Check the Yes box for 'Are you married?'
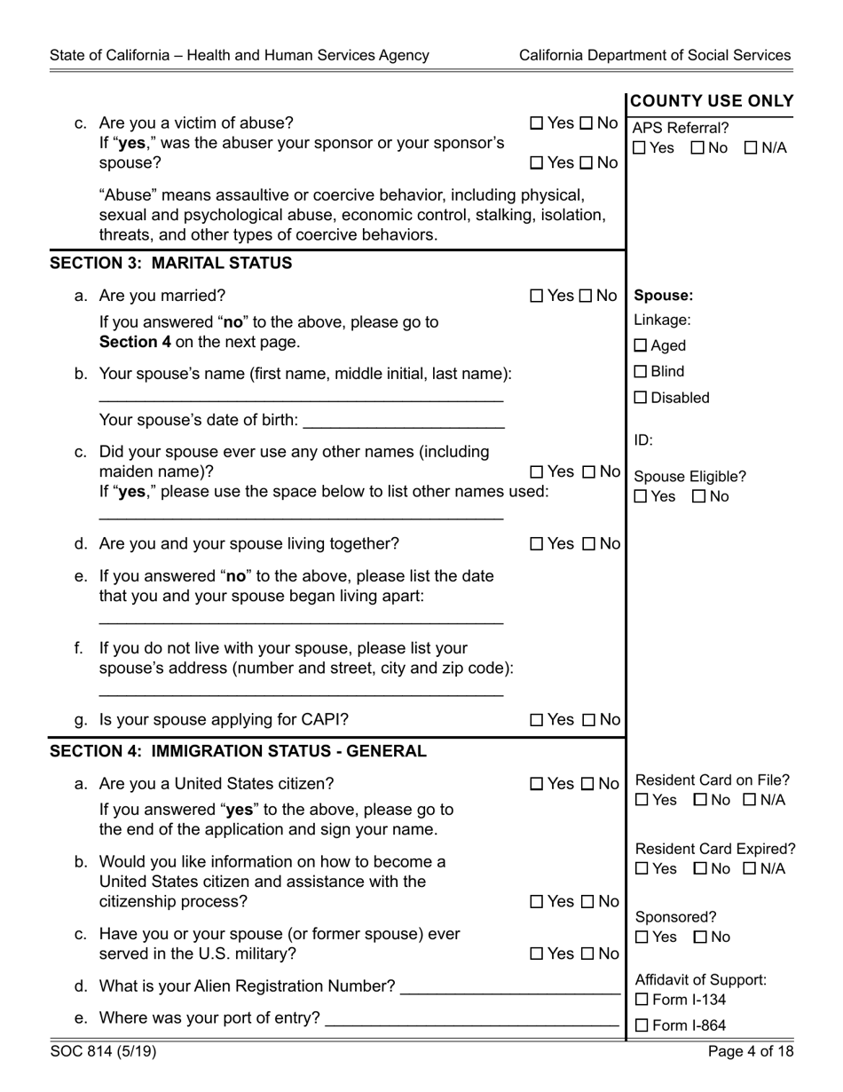pos(537,296)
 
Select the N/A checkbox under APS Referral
pos(751,148)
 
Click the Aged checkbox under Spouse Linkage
pos(641,346)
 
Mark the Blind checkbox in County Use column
pos(641,372)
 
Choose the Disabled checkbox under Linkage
pos(641,399)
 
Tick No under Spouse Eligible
pos(698,497)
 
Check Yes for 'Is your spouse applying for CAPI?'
pos(537,720)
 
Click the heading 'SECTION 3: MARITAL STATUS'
pos(170,264)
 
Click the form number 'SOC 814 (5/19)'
pos(103,1052)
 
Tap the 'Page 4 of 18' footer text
pos(750,1052)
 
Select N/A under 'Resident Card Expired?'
pos(750,869)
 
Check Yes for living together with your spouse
pos(537,544)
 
